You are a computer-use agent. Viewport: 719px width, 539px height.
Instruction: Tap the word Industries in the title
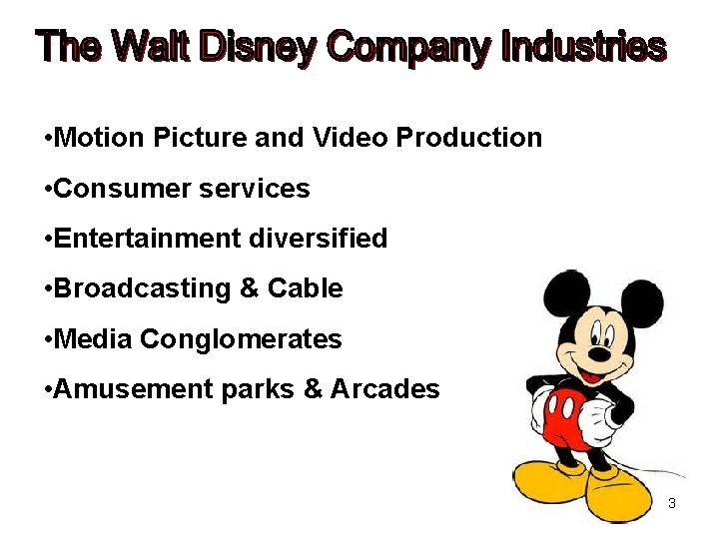point(583,46)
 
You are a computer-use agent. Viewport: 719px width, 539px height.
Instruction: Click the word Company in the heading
point(409,47)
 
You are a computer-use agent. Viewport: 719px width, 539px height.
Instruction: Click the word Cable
point(305,289)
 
